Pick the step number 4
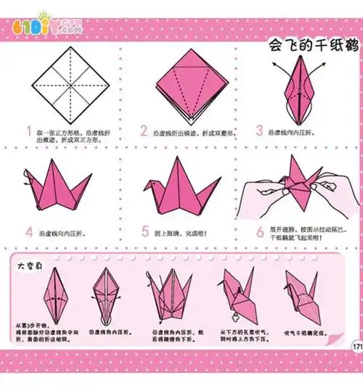click(29, 232)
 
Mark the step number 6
click(259, 232)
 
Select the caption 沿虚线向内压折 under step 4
click(65, 233)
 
